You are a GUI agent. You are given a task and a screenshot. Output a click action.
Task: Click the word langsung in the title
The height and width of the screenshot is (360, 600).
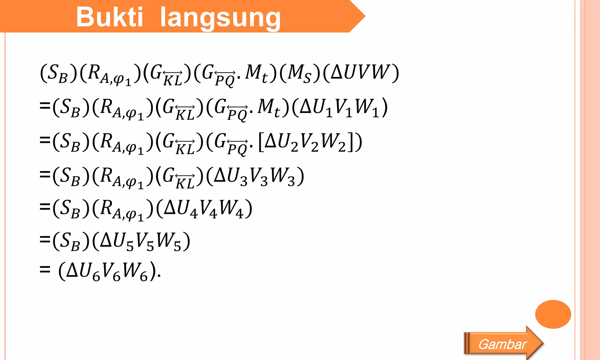(x=220, y=18)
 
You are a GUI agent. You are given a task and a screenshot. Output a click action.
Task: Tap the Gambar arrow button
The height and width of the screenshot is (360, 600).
(x=503, y=344)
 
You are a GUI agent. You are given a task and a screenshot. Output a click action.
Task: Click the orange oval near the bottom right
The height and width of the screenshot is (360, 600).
(x=553, y=314)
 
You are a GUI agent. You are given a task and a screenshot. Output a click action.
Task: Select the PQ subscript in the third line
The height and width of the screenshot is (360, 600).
(x=237, y=149)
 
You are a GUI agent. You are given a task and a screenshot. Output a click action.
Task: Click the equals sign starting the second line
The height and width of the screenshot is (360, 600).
(x=45, y=105)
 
